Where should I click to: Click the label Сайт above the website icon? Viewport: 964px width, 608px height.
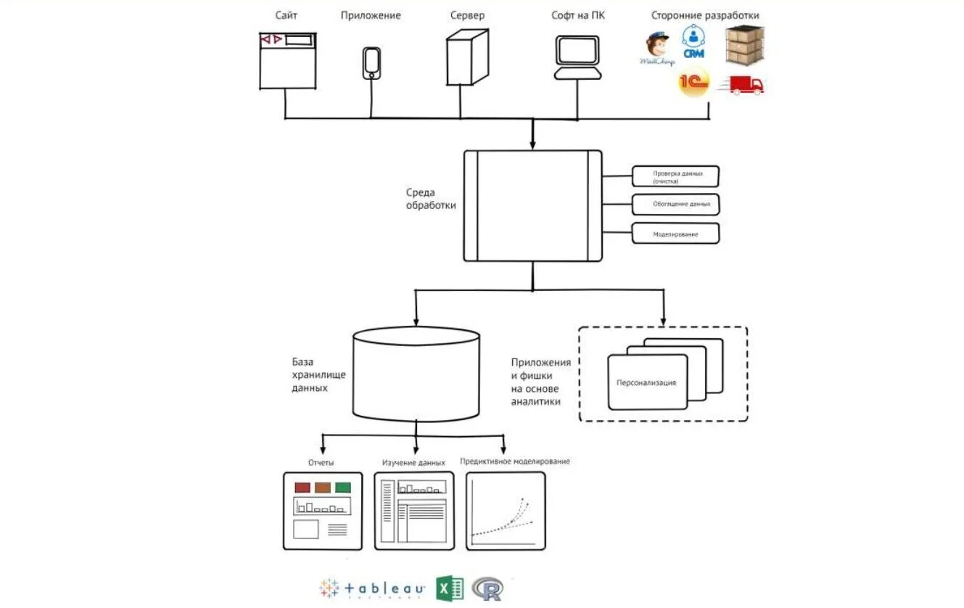(x=286, y=15)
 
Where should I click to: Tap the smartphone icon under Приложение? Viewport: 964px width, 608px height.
(x=371, y=62)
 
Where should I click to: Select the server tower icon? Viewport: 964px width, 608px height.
(x=466, y=58)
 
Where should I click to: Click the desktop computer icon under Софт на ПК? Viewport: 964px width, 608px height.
(x=577, y=57)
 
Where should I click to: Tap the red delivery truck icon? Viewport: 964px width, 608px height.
(x=742, y=85)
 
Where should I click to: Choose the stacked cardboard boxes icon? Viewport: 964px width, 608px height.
(x=745, y=44)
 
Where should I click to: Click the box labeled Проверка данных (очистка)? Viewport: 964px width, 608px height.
(x=675, y=176)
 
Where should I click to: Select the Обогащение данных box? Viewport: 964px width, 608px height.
(x=675, y=205)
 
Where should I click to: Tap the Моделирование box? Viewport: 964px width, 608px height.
(x=675, y=234)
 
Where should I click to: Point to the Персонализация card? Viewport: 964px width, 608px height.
(x=647, y=382)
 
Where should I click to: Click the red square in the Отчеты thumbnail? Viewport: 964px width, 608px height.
(x=302, y=488)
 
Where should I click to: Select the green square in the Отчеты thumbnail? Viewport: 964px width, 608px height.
(x=342, y=488)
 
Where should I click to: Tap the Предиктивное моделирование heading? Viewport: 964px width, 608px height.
(x=514, y=461)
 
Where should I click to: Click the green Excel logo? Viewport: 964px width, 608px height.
(x=450, y=588)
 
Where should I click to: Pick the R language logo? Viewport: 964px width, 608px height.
(x=487, y=588)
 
